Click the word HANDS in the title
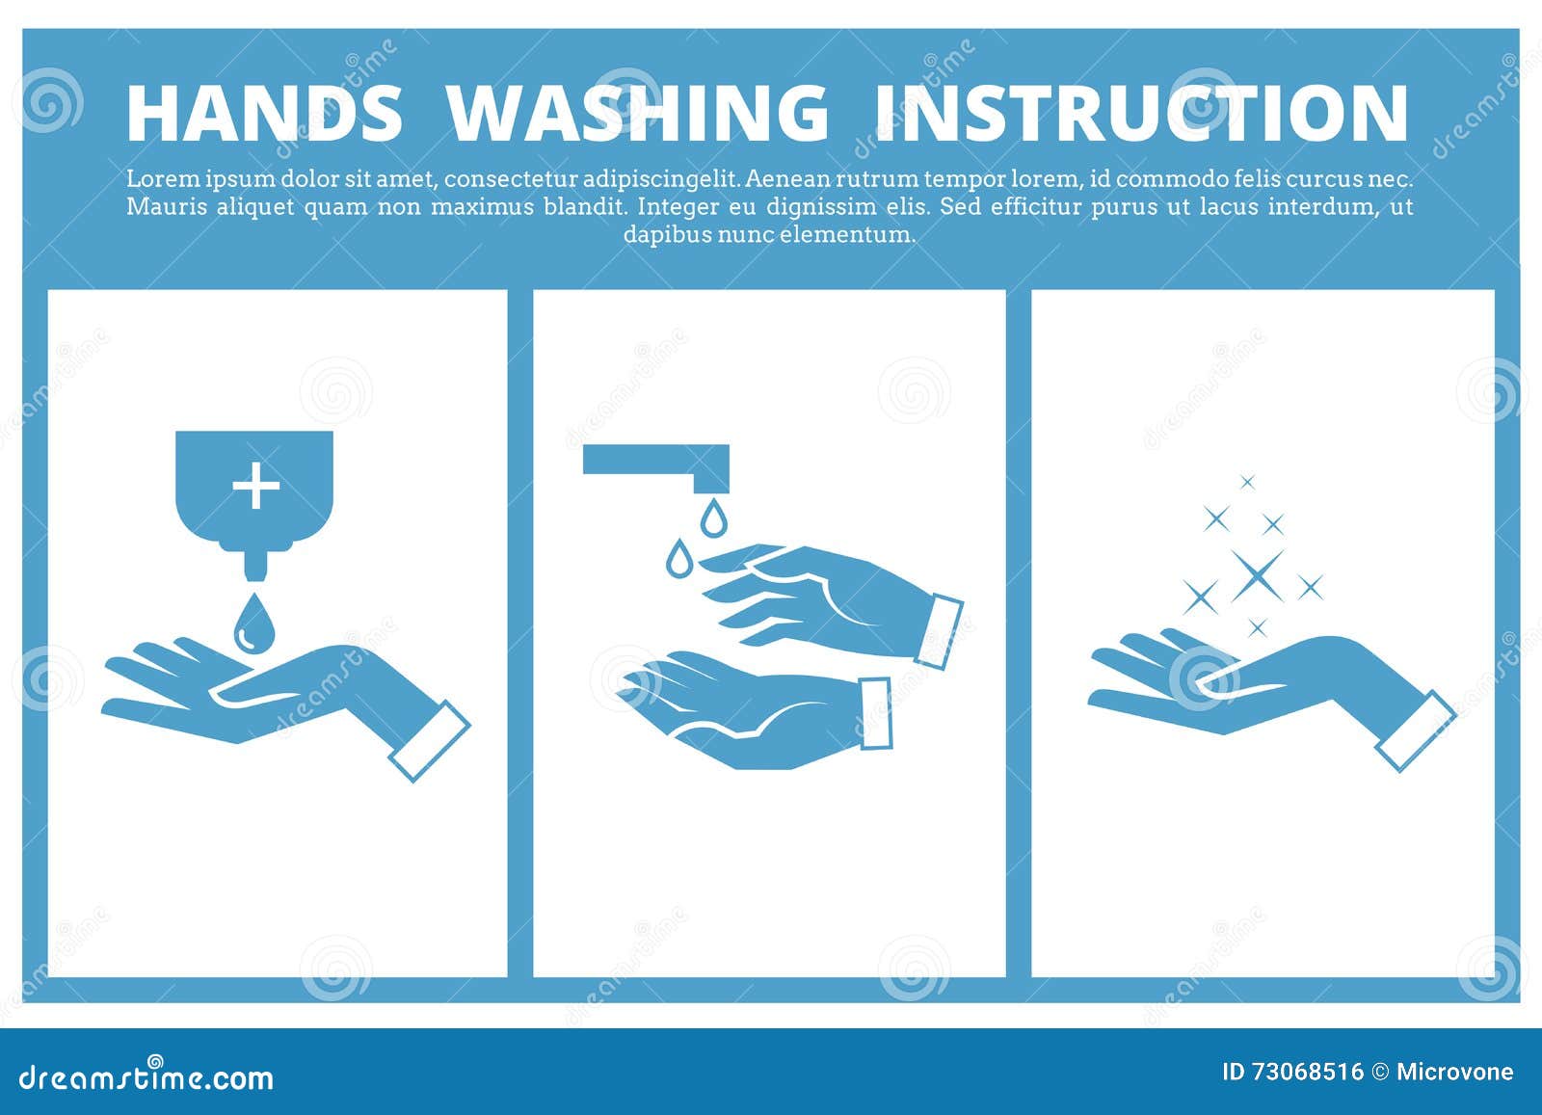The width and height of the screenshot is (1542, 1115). [x=264, y=113]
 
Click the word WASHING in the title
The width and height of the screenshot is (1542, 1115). [x=638, y=113]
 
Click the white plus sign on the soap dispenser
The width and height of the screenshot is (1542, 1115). [x=256, y=486]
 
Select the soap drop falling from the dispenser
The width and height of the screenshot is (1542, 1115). [x=253, y=623]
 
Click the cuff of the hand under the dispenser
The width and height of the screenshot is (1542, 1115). [x=429, y=741]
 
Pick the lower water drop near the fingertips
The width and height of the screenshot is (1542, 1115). [x=679, y=558]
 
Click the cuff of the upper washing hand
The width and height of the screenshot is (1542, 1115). [x=939, y=631]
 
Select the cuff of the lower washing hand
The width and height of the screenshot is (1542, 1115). [x=875, y=713]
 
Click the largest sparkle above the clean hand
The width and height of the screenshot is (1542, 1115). [x=1258, y=575]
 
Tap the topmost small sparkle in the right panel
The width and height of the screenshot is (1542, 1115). [x=1247, y=482]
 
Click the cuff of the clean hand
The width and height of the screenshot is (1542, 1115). [x=1416, y=730]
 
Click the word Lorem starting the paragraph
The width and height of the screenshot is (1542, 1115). [x=157, y=179]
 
